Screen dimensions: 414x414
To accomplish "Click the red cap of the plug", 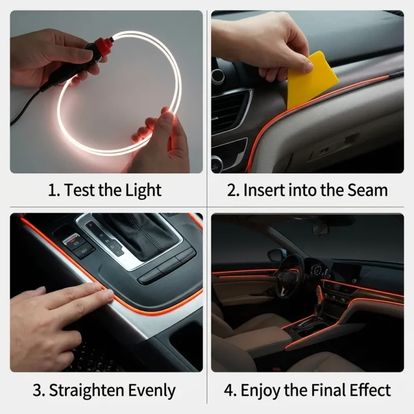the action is pyautogui.click(x=103, y=44).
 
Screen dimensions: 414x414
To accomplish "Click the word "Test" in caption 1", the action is pyautogui.click(x=80, y=190).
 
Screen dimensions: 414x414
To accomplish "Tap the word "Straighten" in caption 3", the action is pyautogui.click(x=86, y=390).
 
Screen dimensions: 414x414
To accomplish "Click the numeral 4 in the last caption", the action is pyautogui.click(x=228, y=390).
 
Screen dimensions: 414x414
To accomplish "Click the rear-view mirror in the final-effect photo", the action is pyautogui.click(x=320, y=229).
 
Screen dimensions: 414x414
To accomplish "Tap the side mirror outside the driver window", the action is pyautogui.click(x=275, y=255).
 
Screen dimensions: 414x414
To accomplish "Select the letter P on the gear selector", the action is pyautogui.click(x=91, y=226).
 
